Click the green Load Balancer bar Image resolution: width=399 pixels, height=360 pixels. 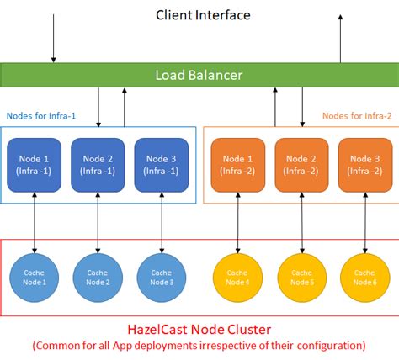click(199, 75)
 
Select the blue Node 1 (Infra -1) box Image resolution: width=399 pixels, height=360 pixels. click(35, 165)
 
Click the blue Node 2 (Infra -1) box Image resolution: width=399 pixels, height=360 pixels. click(98, 165)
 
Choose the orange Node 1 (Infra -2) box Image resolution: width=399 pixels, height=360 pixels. click(238, 165)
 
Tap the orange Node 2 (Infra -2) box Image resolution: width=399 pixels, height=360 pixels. click(301, 165)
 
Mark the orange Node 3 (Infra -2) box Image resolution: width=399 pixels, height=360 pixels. click(365, 165)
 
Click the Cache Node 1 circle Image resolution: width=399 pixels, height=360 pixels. click(35, 277)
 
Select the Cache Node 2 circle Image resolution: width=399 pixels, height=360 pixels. click(98, 277)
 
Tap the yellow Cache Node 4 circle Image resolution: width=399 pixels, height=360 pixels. click(238, 277)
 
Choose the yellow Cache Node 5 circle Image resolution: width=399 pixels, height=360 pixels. click(301, 277)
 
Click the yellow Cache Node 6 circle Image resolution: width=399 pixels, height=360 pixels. click(365, 277)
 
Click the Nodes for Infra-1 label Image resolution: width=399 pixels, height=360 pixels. click(41, 115)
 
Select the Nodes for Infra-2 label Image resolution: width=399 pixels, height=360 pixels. click(358, 115)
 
